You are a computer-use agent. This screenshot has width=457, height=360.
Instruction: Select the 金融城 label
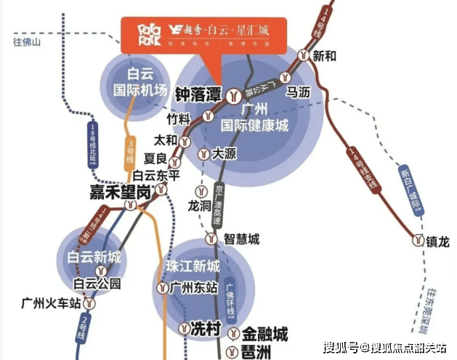264,335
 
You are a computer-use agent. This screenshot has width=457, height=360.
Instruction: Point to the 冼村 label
204,328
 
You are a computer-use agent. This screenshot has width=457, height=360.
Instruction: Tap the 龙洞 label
198,205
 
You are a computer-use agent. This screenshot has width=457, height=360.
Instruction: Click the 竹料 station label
178,119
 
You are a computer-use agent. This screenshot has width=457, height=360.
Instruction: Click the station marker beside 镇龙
418,240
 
